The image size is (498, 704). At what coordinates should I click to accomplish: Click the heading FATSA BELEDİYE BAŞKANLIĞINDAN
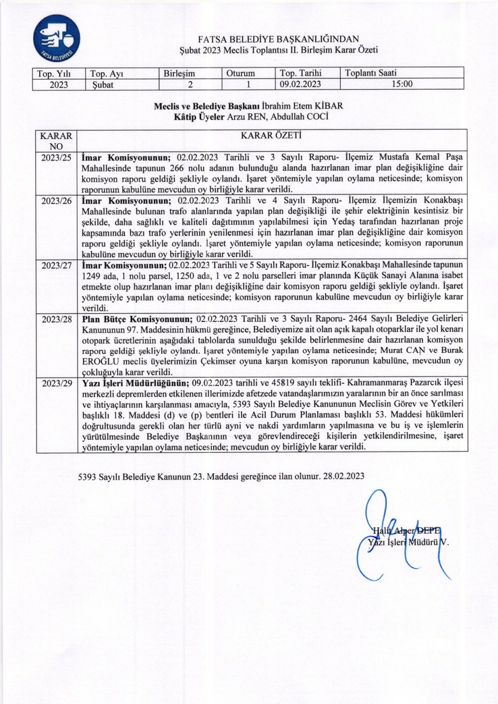pyautogui.click(x=278, y=39)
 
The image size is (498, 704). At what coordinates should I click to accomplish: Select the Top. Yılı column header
pyautogui.click(x=54, y=73)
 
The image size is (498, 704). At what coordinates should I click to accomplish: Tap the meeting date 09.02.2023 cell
pyautogui.click(x=300, y=84)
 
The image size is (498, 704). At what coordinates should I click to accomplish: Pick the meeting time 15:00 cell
pyautogui.click(x=401, y=84)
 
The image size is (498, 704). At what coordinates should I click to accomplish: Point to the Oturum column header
pyautogui.click(x=241, y=73)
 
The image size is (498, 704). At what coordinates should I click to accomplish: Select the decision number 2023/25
pyautogui.click(x=56, y=158)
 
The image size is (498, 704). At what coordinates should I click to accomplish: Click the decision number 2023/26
pyautogui.click(x=56, y=201)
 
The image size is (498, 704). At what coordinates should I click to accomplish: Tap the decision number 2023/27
pyautogui.click(x=56, y=265)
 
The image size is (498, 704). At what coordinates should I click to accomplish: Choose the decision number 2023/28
pyautogui.click(x=56, y=319)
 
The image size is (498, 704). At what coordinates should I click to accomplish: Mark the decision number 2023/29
pyautogui.click(x=56, y=383)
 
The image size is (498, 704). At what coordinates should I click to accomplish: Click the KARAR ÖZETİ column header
pyautogui.click(x=272, y=135)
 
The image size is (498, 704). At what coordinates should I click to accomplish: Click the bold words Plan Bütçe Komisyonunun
pyautogui.click(x=137, y=318)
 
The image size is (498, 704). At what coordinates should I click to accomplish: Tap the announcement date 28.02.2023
pyautogui.click(x=343, y=476)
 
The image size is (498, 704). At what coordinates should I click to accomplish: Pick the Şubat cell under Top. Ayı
pyautogui.click(x=103, y=85)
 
